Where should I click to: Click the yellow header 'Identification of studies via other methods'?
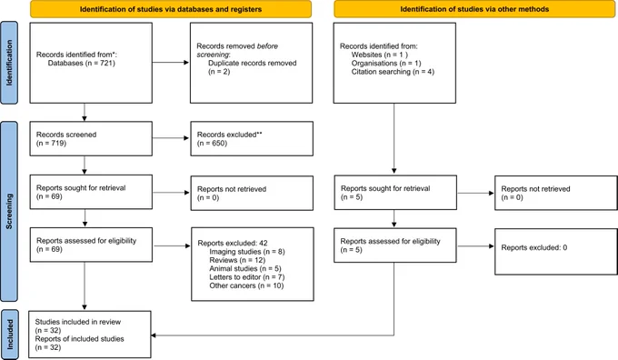click(x=474, y=9)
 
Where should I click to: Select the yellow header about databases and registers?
click(x=171, y=9)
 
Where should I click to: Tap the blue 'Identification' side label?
click(x=9, y=63)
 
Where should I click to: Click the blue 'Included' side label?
click(x=9, y=335)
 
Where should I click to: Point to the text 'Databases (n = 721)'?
click(x=82, y=63)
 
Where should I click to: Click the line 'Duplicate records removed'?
click(x=253, y=63)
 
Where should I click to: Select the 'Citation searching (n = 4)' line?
click(x=393, y=72)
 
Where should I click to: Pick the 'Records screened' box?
click(x=91, y=139)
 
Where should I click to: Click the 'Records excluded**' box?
click(x=252, y=139)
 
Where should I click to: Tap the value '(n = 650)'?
click(x=212, y=143)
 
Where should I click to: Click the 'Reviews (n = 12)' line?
click(x=237, y=260)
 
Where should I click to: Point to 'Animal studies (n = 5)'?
click(x=245, y=269)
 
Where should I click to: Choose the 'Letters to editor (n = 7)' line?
click(x=246, y=277)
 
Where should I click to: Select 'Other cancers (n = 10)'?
click(x=246, y=285)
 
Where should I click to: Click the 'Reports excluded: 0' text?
click(x=534, y=247)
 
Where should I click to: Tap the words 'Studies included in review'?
click(x=78, y=322)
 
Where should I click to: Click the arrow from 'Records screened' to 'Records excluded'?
click(x=171, y=138)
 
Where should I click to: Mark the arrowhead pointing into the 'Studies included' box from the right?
click(x=154, y=335)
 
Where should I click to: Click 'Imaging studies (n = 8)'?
click(x=247, y=252)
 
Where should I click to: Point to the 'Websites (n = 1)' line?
click(x=380, y=55)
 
